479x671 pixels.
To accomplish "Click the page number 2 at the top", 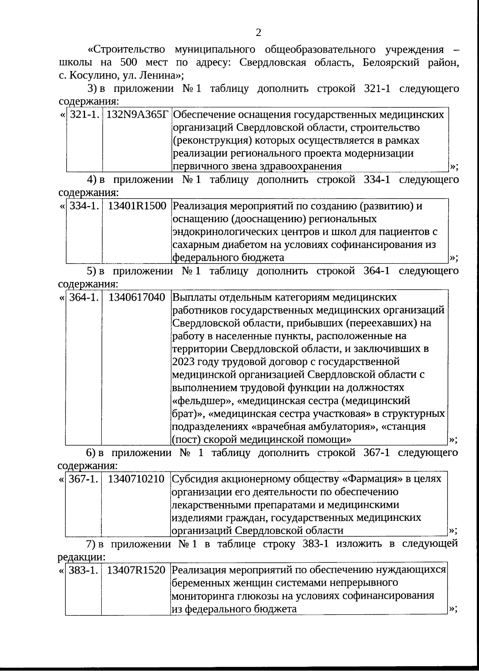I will click(x=258, y=33).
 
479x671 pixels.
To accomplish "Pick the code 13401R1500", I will click(x=137, y=206).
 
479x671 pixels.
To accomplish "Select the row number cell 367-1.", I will click(x=83, y=479).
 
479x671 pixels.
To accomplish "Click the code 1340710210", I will click(x=136, y=479).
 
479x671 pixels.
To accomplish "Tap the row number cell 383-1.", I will click(x=83, y=570).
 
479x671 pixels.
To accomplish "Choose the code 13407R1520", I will click(x=136, y=570).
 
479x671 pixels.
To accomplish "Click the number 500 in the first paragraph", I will click(x=130, y=62).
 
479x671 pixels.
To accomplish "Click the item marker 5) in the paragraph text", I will click(x=92, y=271).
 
